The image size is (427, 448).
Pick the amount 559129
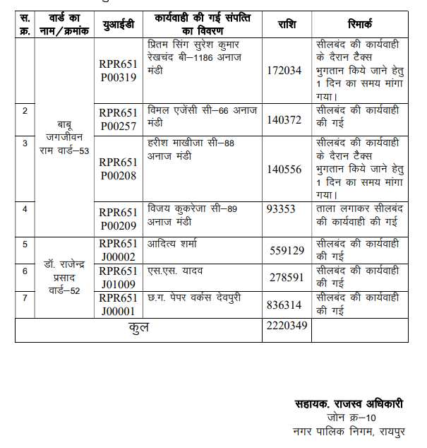click(x=286, y=250)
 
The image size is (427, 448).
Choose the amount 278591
click(x=286, y=278)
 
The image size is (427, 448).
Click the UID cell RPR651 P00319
click(x=117, y=71)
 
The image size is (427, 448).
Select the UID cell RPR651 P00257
click(x=117, y=119)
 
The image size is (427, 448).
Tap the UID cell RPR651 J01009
click(x=117, y=278)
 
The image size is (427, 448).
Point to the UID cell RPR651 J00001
click(x=117, y=304)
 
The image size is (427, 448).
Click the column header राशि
click(x=286, y=25)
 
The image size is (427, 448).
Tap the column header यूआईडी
click(x=118, y=25)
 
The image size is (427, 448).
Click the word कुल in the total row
click(x=138, y=328)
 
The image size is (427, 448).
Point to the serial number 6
click(x=25, y=271)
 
